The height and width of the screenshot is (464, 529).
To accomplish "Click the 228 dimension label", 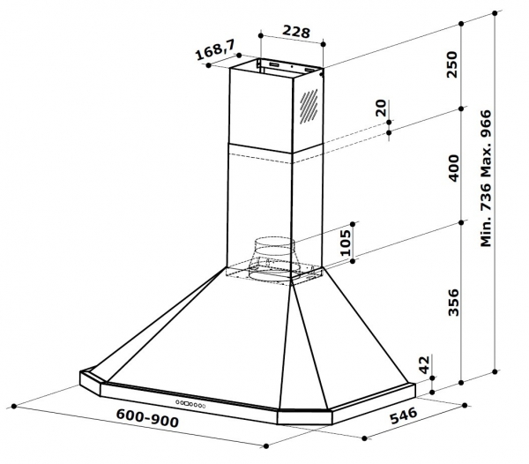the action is [296, 32].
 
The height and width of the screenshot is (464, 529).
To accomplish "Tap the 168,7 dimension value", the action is [215, 49].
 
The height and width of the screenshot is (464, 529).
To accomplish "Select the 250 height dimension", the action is [452, 64].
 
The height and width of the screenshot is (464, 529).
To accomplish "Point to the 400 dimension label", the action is [454, 168].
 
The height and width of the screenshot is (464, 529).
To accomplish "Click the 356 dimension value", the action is [454, 302].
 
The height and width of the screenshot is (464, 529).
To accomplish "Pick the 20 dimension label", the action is [381, 108].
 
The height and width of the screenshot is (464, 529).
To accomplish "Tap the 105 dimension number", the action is [345, 243].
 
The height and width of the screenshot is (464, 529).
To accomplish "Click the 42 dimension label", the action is [425, 364].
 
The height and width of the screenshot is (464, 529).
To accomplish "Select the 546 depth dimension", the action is [404, 415].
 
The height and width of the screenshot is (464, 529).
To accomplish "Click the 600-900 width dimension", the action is [147, 418].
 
